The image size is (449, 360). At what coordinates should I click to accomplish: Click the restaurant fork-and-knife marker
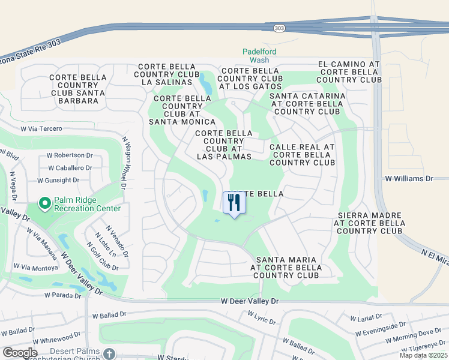point(234,202)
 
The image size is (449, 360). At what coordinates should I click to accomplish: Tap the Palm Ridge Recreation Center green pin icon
point(44,203)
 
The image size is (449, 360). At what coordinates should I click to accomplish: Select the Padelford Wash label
point(259,56)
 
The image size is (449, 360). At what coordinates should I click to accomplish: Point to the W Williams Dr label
point(409,179)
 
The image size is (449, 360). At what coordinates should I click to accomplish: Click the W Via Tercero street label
point(41,128)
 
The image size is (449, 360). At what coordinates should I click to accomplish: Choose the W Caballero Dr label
point(70,168)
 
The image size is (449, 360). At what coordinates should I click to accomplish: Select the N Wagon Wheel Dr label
point(124,161)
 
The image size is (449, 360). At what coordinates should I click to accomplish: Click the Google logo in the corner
point(20,352)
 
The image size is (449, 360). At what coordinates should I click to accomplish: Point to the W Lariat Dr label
point(366,316)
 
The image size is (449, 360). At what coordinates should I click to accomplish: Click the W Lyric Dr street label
point(261,317)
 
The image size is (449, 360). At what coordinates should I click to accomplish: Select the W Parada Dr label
point(62,295)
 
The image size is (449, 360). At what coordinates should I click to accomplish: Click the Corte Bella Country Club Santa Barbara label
point(78,89)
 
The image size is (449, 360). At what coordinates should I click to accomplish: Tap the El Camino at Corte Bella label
point(349,71)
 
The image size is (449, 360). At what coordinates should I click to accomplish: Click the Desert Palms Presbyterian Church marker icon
point(108,353)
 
